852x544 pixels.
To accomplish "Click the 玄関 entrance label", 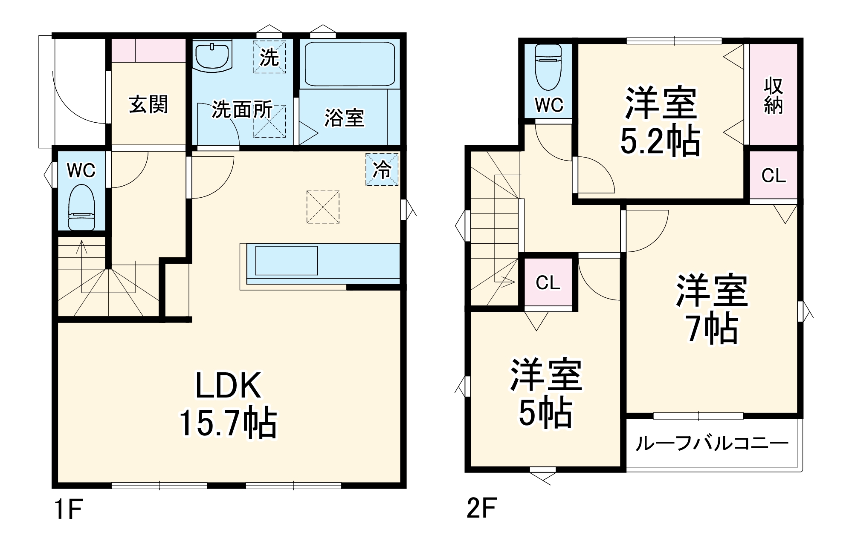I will [148, 105].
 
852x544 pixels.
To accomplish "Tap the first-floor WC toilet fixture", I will [81, 208].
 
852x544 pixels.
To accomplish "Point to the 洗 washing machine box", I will [269, 57].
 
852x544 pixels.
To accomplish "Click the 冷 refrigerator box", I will [382, 170].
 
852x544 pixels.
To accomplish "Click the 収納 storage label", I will [773, 96].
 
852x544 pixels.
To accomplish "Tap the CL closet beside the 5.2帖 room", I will [773, 175].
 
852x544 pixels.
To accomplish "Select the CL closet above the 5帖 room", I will [548, 282].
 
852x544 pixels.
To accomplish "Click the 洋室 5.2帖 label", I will [661, 121].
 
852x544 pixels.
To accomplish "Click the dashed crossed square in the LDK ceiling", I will [323, 207].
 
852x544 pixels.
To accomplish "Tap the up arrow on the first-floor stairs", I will [82, 247].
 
